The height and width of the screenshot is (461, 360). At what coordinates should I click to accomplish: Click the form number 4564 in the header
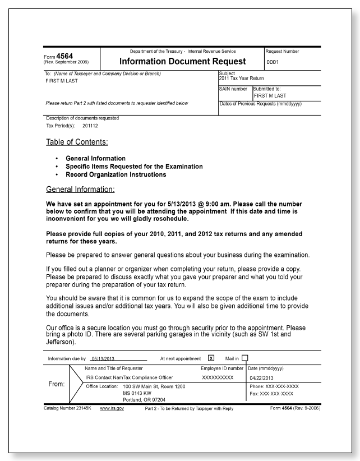coord(61,56)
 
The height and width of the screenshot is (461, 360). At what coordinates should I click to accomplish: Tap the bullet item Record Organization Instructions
coord(116,174)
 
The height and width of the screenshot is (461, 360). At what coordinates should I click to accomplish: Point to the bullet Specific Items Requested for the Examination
coord(134,167)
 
